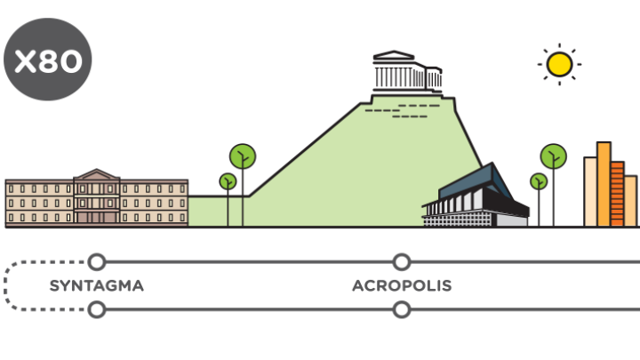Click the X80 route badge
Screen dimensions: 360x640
[x=48, y=60]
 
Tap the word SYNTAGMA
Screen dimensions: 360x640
[x=96, y=286]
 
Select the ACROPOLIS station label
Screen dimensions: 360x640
[x=402, y=286]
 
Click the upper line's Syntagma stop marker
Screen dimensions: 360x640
[x=97, y=261]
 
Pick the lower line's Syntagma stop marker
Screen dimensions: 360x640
[x=97, y=309]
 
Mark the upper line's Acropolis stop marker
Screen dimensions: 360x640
[x=402, y=261]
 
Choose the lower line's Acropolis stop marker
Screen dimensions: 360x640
[x=402, y=309]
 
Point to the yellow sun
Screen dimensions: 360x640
[x=559, y=63]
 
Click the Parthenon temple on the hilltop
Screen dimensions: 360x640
[x=403, y=71]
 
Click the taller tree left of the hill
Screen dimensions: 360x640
[x=243, y=158]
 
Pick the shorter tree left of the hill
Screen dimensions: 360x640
[x=228, y=182]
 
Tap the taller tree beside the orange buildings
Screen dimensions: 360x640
[x=553, y=158]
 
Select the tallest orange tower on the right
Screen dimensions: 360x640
[x=604, y=182]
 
